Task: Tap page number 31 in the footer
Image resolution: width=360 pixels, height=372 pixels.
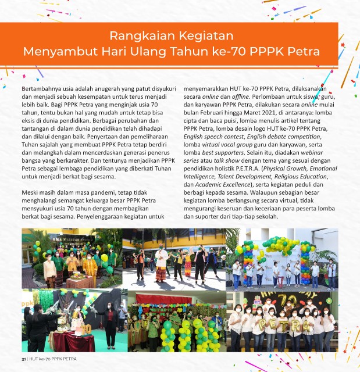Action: [24, 359]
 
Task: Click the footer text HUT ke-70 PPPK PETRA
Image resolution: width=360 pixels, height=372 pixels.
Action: [52, 359]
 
